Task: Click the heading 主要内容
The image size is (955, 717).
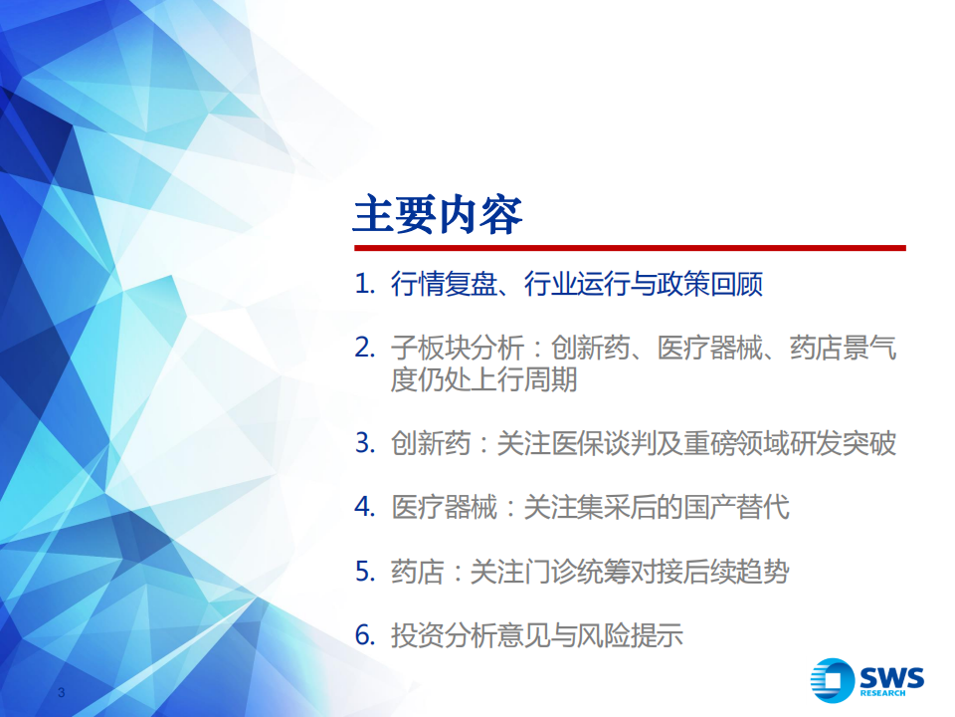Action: [x=438, y=215]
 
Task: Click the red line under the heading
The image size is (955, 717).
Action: [x=630, y=248]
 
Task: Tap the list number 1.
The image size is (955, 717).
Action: [x=364, y=284]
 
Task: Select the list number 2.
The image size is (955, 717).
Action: [x=364, y=348]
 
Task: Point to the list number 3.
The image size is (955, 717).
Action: [x=364, y=442]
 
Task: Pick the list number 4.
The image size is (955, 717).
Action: [x=364, y=507]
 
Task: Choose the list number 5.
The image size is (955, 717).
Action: [x=364, y=572]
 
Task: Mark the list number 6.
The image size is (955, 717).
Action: [x=364, y=635]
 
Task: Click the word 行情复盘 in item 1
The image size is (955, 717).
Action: [x=444, y=284]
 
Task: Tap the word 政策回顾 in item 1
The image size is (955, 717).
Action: [x=709, y=284]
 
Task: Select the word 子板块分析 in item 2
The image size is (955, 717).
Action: [x=458, y=349]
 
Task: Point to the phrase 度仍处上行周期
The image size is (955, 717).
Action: [x=483, y=379]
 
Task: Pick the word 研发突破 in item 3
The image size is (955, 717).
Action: [x=843, y=443]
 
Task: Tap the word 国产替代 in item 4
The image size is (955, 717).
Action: [x=736, y=507]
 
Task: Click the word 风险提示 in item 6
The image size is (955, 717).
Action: [x=630, y=636]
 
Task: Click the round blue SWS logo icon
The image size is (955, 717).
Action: [x=832, y=680]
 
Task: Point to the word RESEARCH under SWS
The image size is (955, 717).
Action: [x=882, y=693]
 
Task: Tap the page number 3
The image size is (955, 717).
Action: [x=61, y=692]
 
